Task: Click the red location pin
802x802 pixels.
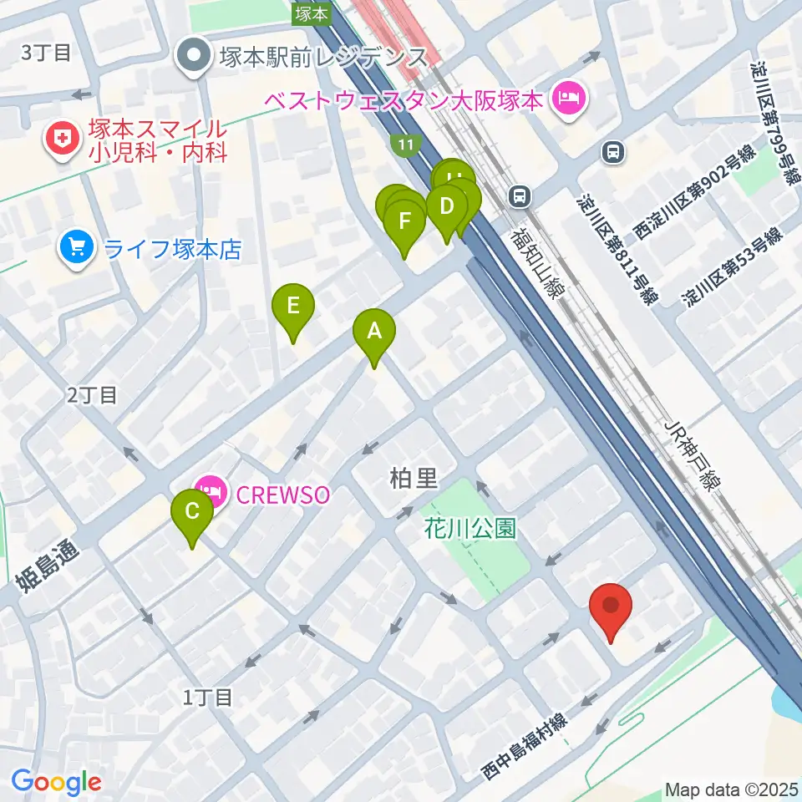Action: pyautogui.click(x=611, y=607)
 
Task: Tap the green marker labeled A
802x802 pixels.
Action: pyautogui.click(x=374, y=332)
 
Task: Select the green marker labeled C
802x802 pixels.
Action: pyautogui.click(x=192, y=512)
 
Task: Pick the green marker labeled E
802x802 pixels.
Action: pyautogui.click(x=292, y=307)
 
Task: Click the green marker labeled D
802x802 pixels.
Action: pyautogui.click(x=446, y=206)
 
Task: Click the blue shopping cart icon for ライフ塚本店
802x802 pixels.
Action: pyautogui.click(x=78, y=248)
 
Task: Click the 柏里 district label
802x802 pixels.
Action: pyautogui.click(x=414, y=478)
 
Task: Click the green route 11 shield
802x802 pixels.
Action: pyautogui.click(x=406, y=145)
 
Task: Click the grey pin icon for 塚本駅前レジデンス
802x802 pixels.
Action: pyautogui.click(x=195, y=58)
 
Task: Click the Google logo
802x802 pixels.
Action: pyautogui.click(x=56, y=782)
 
